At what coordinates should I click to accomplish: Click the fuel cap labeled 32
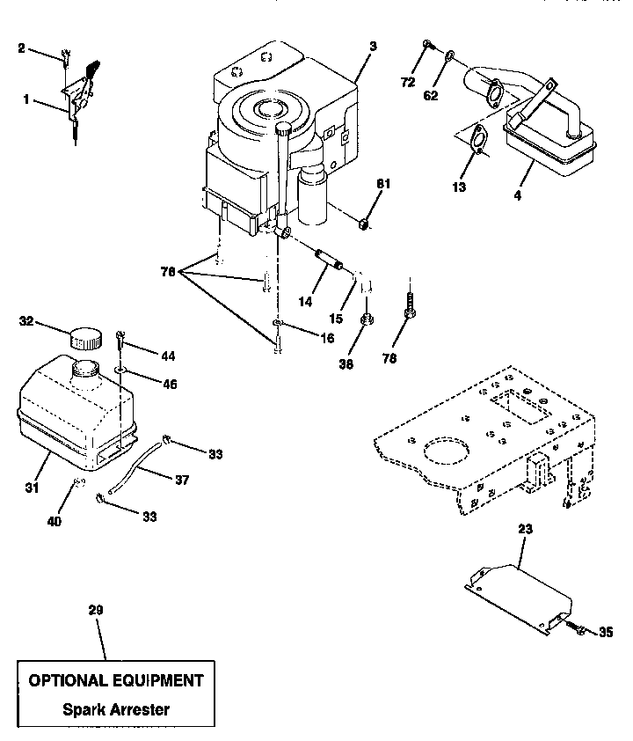[85, 337]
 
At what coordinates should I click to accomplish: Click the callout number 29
[96, 609]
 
